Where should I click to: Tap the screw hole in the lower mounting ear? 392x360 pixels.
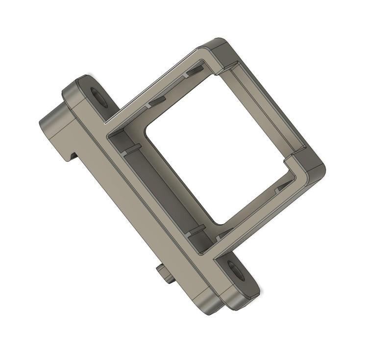[x=236, y=272]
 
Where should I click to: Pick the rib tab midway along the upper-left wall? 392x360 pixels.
[x=157, y=101]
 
